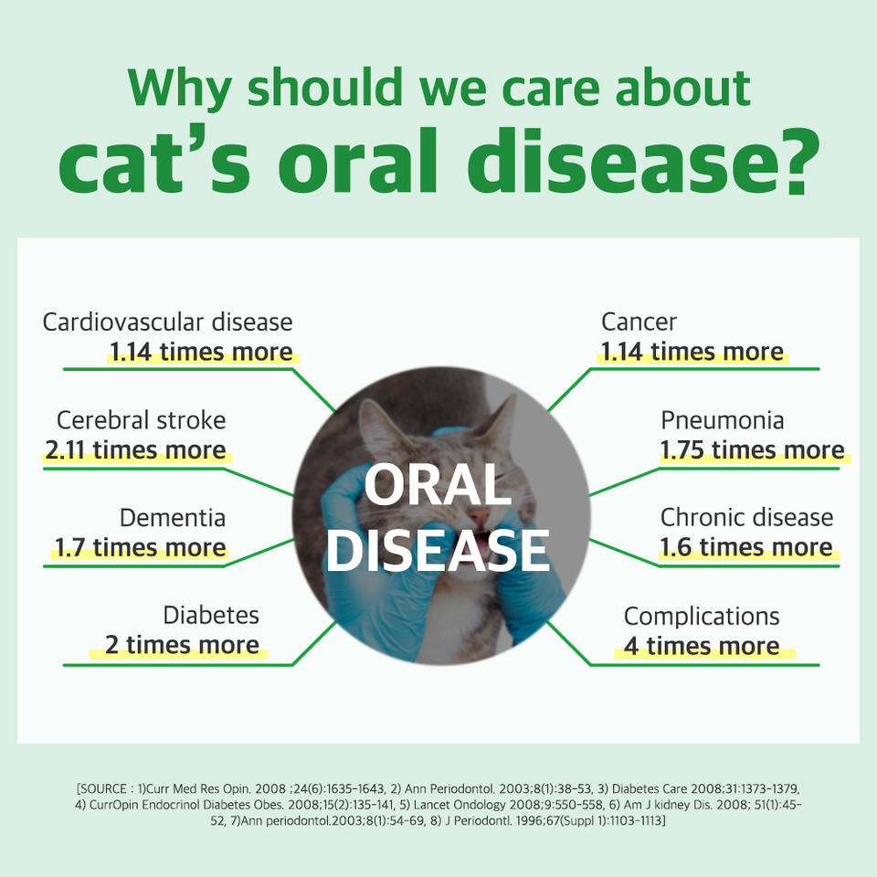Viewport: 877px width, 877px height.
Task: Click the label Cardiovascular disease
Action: [168, 322]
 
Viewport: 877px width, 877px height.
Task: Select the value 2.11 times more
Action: [135, 449]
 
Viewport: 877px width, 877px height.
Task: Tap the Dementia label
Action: [173, 518]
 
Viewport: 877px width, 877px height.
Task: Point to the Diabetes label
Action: [211, 615]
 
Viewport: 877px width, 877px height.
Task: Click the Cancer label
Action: [639, 322]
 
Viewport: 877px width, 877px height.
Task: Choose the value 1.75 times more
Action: [752, 449]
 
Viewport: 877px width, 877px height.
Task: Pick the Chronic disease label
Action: [746, 518]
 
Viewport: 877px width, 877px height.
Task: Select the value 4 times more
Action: [702, 646]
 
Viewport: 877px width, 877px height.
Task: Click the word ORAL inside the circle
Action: [438, 485]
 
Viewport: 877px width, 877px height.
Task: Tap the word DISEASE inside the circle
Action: [438, 551]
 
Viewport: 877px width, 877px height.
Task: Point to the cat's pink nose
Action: [479, 515]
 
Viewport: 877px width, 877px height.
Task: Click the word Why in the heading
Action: [180, 90]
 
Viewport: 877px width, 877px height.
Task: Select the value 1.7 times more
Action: [141, 547]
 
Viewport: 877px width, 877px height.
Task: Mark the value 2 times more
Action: [182, 645]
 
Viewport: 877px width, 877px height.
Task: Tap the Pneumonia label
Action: [722, 420]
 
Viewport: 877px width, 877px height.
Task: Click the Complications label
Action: [702, 617]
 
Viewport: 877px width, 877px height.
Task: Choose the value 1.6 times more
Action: [746, 547]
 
